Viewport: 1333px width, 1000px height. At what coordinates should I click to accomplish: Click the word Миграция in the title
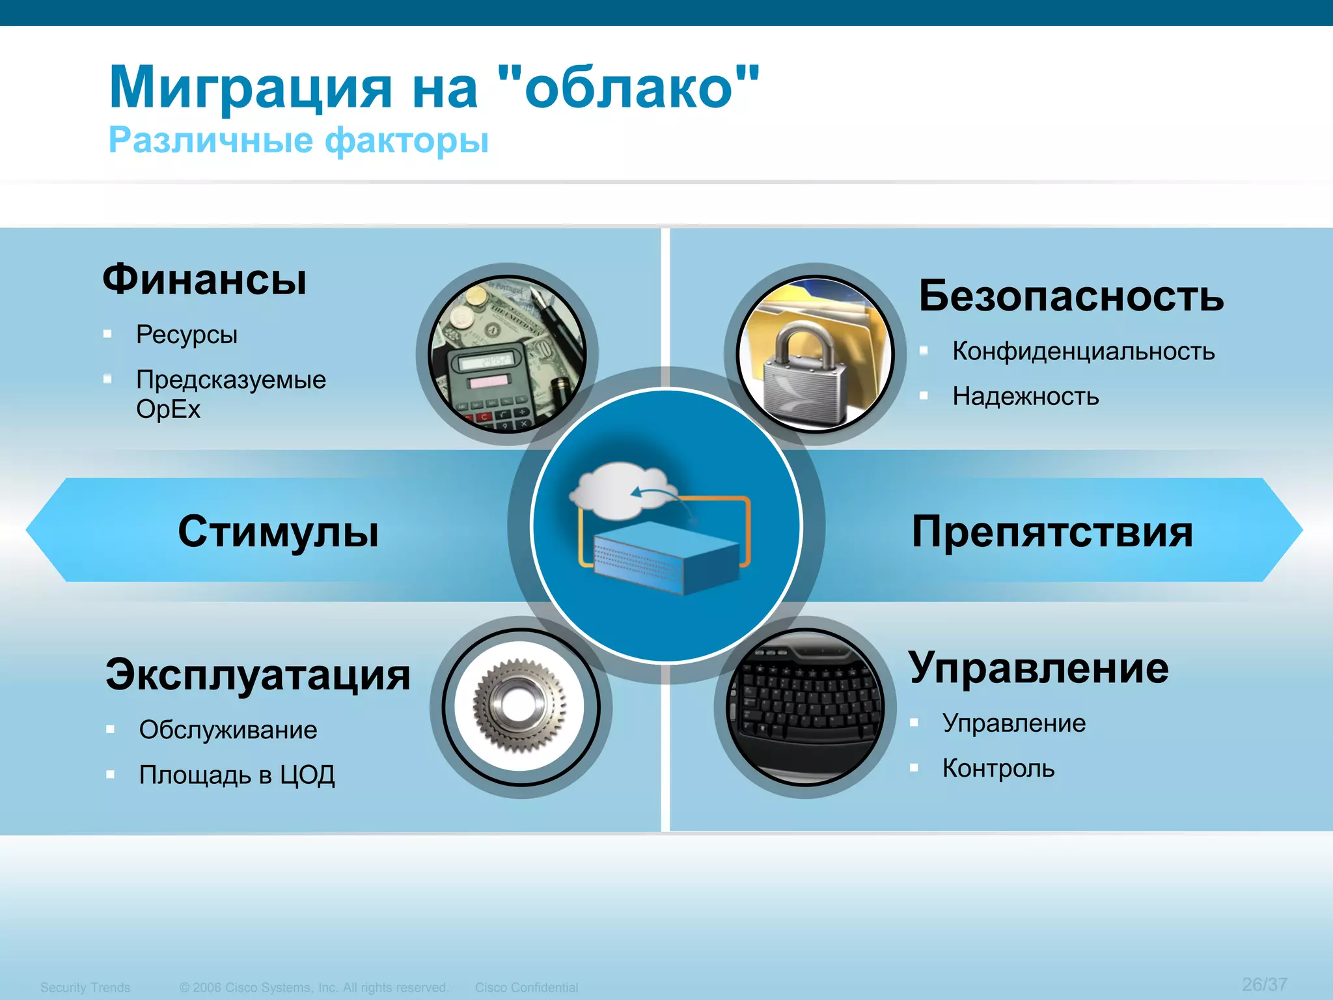[x=251, y=88]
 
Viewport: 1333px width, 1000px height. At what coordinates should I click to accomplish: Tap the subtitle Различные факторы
[x=298, y=140]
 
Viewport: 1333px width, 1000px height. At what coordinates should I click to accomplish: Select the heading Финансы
[x=204, y=280]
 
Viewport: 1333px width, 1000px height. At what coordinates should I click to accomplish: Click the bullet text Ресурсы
[x=187, y=335]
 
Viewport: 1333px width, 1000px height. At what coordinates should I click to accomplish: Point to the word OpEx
[x=168, y=410]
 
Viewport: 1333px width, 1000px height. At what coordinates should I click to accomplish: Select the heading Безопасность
[x=1071, y=296]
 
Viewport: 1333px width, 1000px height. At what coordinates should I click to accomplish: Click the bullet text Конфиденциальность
[x=1083, y=352]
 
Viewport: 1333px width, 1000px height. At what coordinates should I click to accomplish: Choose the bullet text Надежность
[x=1025, y=396]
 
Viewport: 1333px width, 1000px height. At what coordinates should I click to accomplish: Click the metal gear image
[x=519, y=706]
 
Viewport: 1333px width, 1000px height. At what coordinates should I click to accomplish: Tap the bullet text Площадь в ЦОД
[x=237, y=775]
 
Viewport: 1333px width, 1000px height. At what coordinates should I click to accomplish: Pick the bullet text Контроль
[x=998, y=769]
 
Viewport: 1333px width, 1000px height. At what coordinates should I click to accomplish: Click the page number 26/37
[x=1264, y=984]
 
